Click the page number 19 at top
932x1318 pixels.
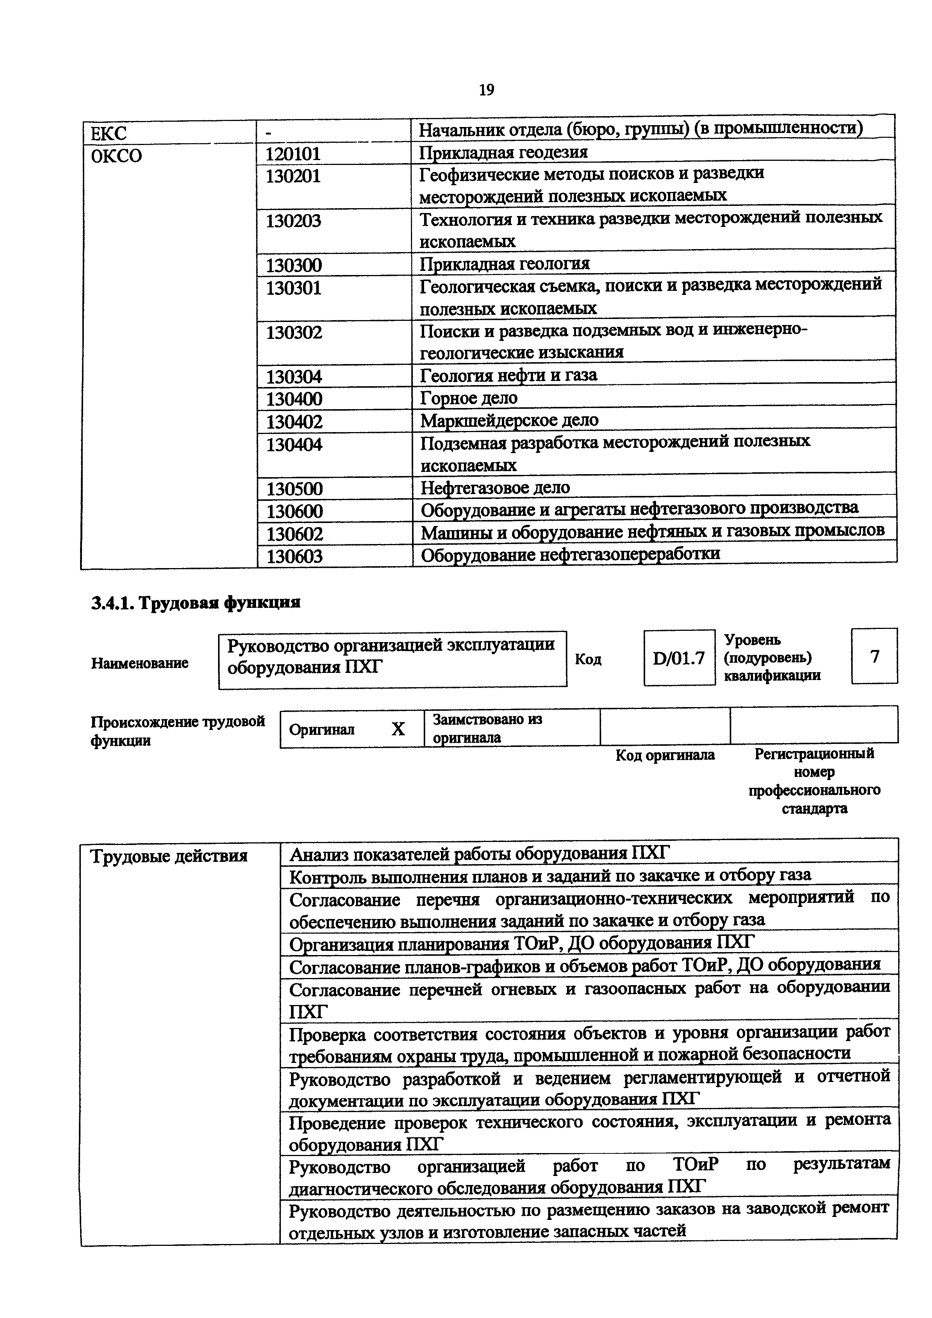(x=486, y=90)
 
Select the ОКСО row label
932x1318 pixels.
(x=117, y=156)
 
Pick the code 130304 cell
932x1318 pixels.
(x=294, y=376)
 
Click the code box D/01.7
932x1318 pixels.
(x=678, y=658)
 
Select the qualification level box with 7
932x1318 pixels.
(x=874, y=656)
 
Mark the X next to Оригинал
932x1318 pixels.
(x=398, y=729)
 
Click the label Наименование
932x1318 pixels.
(x=139, y=663)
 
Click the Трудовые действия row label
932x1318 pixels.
(x=169, y=856)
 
